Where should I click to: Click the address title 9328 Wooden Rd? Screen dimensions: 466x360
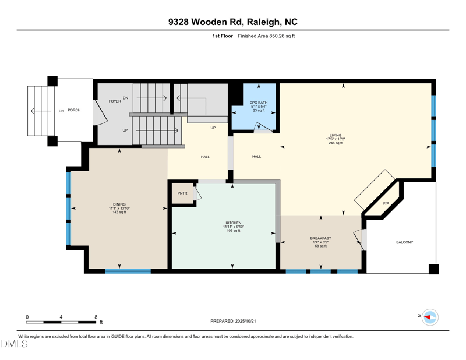click(x=206, y=22)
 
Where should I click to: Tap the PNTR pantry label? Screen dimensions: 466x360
click(x=182, y=193)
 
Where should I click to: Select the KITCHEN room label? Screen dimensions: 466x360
click(x=234, y=223)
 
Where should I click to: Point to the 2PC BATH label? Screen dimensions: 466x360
click(x=259, y=103)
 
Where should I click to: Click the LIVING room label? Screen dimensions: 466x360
click(x=336, y=135)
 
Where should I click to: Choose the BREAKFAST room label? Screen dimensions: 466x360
click(x=321, y=238)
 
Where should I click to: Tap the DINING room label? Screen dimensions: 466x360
click(x=119, y=204)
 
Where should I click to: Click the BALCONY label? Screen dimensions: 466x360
click(x=404, y=242)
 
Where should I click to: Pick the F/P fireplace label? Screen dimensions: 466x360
click(x=386, y=204)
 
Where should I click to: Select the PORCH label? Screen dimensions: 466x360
click(x=74, y=110)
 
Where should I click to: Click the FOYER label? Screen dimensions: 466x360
click(x=115, y=101)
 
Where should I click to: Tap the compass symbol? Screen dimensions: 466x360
click(x=430, y=317)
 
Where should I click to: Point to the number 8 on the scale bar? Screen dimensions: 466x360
click(x=96, y=317)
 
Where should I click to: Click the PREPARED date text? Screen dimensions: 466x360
click(x=233, y=321)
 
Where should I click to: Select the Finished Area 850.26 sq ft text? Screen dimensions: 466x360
click(x=266, y=36)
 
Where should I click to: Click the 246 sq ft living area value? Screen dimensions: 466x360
click(x=336, y=143)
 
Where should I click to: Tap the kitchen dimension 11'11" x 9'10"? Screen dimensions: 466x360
click(x=234, y=227)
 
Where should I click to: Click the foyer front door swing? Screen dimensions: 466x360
click(x=100, y=112)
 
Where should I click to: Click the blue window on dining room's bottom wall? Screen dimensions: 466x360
click(x=128, y=271)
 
